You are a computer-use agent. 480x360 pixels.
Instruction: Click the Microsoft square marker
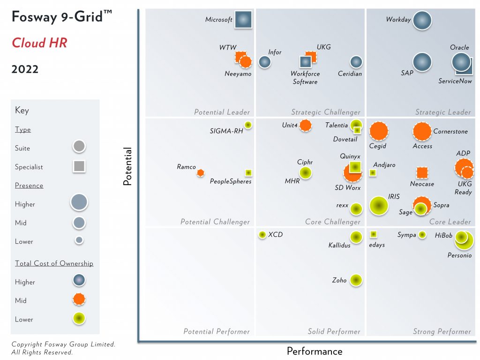tap(243, 20)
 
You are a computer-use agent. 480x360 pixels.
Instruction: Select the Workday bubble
tap(422, 20)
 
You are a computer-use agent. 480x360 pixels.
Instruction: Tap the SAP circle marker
tap(422, 62)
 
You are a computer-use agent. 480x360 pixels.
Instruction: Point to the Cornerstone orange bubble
tap(422, 132)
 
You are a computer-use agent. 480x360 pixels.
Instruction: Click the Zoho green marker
tap(356, 280)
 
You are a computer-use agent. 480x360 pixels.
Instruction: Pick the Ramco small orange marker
tap(201, 172)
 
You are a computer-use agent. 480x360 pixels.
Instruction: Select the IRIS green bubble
tap(379, 205)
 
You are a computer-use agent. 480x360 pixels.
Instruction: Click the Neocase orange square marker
tap(422, 172)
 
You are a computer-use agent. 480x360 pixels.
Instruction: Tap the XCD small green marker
tap(262, 234)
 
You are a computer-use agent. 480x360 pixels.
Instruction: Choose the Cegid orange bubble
tap(379, 131)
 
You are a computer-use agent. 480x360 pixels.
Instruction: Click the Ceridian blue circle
tap(356, 61)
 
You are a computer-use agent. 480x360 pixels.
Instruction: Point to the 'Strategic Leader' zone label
tap(442, 112)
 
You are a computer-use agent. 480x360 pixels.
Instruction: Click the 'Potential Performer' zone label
tap(216, 331)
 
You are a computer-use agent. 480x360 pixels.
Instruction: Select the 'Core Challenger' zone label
tap(333, 222)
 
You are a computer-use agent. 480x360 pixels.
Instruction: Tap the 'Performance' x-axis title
tap(314, 351)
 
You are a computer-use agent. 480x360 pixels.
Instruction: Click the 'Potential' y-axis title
tap(127, 166)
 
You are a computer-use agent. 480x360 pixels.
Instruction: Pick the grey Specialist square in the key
tap(79, 166)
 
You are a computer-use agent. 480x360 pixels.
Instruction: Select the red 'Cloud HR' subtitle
tap(39, 43)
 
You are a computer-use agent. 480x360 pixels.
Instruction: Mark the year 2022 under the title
tap(25, 69)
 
